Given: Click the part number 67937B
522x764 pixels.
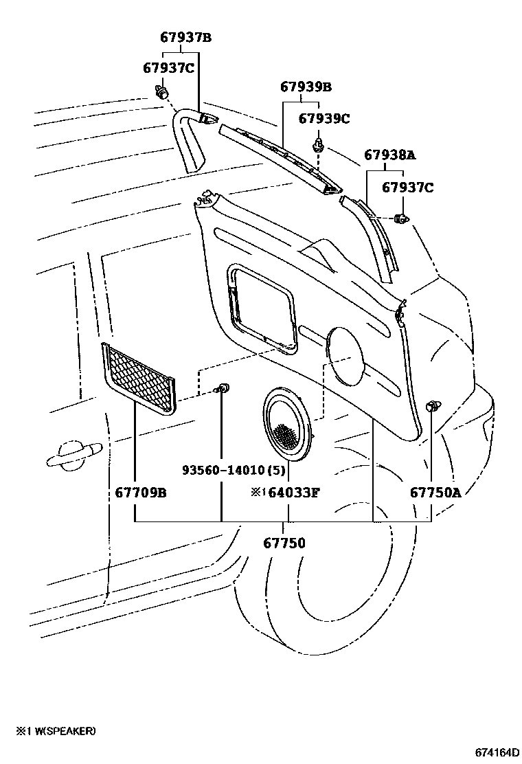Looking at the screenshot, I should [x=185, y=38].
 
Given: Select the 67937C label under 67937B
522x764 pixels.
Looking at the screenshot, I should [x=169, y=67].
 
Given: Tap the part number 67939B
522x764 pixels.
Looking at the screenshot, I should [x=306, y=87].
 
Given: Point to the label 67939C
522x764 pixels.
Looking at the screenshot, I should [x=324, y=119].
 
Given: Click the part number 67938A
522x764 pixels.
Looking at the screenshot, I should [x=390, y=155].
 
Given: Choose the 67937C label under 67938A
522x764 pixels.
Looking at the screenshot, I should [x=407, y=187].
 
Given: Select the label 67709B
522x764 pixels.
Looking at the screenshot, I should [x=141, y=493].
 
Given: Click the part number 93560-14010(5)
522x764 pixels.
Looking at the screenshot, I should [x=234, y=470].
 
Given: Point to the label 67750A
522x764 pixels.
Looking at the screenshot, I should [x=435, y=493].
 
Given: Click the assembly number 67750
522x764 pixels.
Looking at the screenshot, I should [x=284, y=543].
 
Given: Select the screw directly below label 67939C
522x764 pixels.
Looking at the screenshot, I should [x=318, y=144].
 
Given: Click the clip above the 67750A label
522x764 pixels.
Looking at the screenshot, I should [x=433, y=406].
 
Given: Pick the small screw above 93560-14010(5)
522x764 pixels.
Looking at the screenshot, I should [x=221, y=390].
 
